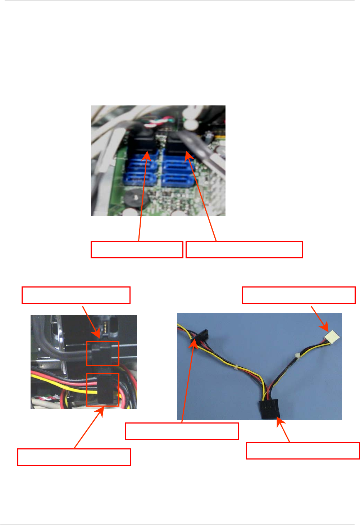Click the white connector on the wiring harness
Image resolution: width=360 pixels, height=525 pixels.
click(x=332, y=338)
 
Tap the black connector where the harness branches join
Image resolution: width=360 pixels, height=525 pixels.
click(x=269, y=410)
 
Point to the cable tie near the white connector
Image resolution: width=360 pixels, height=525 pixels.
click(x=297, y=356)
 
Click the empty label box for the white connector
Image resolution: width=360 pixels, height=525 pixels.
click(x=299, y=295)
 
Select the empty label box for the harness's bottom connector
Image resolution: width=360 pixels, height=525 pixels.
click(x=303, y=451)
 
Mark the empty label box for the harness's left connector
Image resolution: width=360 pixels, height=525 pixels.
click(x=182, y=431)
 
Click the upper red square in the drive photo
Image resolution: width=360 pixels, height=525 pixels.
click(x=103, y=353)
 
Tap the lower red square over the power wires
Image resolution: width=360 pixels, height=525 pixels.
click(x=103, y=390)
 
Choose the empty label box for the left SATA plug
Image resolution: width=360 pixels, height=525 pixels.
click(x=137, y=250)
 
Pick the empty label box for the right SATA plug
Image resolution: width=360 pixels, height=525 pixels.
click(x=244, y=250)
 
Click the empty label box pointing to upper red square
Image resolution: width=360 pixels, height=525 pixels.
click(x=76, y=295)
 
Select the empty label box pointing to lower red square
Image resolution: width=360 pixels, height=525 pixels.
click(x=74, y=457)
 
